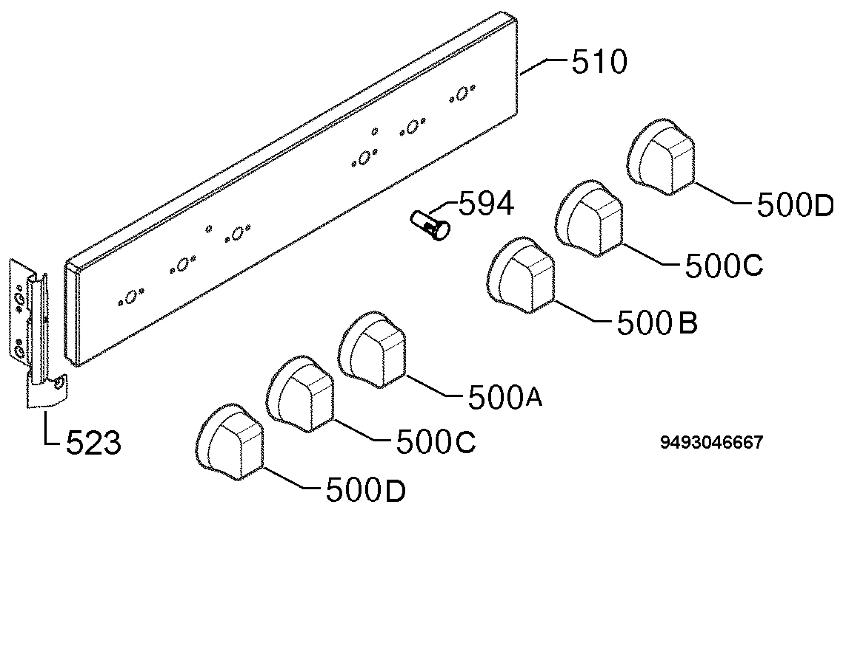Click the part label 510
tap(599, 62)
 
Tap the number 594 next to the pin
tap(486, 203)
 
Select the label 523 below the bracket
tap(93, 443)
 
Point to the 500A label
tap(505, 398)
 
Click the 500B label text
tap(657, 323)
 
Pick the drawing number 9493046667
tap(711, 443)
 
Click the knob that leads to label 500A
tap(372, 349)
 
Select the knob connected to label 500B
tap(521, 276)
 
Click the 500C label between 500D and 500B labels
tap(724, 265)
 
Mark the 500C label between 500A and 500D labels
tap(436, 442)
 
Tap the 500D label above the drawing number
tap(796, 205)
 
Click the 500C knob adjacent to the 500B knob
tap(589, 218)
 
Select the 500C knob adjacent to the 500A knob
tap(300, 394)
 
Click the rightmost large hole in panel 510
tap(462, 94)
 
